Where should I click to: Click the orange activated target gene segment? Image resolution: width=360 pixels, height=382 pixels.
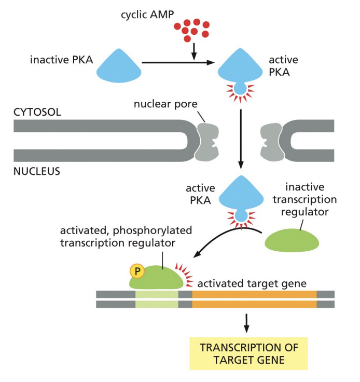point(254,298)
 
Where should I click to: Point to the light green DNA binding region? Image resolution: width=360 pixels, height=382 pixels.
point(157,298)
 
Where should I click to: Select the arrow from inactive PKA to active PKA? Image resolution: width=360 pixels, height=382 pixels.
point(179,63)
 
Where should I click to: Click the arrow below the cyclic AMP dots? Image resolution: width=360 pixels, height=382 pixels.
point(193,50)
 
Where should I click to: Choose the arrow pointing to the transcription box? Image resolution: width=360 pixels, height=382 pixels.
point(246,323)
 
